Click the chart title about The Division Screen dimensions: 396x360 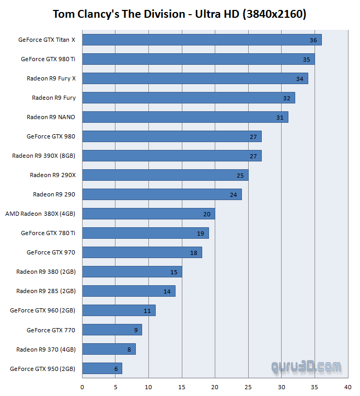[179, 14]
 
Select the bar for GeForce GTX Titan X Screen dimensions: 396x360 [202, 40]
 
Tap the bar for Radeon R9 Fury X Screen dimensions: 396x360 [195, 78]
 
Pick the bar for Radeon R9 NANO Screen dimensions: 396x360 [185, 117]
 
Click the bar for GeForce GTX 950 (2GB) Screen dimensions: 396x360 [102, 368]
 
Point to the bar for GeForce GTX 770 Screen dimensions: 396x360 [112, 330]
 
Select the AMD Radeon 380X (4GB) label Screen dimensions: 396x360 [40, 214]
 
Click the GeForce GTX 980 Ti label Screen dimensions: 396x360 [48, 59]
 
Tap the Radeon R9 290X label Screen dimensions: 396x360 [53, 175]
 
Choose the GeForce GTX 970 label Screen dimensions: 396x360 [51, 252]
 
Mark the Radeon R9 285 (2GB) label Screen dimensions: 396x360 [45, 291]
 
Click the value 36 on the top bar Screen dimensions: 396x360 [313, 40]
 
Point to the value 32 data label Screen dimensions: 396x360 [286, 98]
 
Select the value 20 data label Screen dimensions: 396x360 [207, 214]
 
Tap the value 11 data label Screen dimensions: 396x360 [147, 311]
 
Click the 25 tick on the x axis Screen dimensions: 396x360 [248, 387]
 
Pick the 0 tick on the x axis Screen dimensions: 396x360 [82, 387]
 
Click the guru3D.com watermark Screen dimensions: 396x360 [306, 367]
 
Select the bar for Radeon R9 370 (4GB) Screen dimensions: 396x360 [109, 349]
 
